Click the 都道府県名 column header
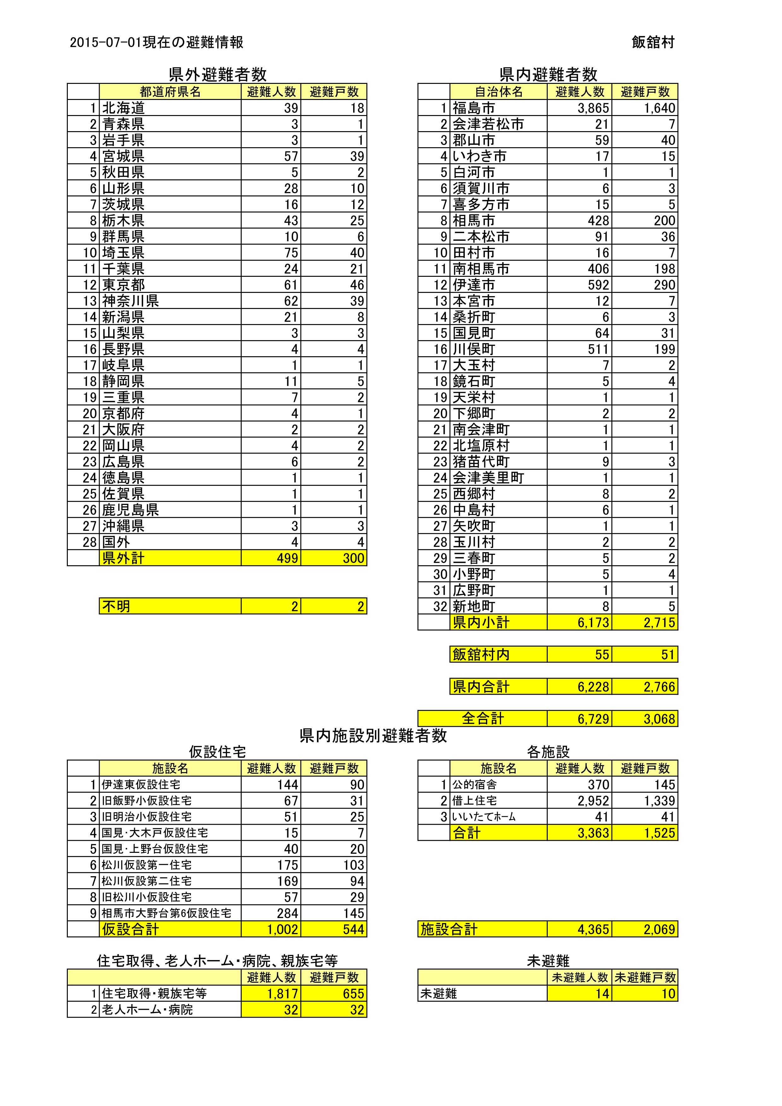pyautogui.click(x=170, y=91)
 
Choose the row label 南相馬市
pyautogui.click(x=481, y=269)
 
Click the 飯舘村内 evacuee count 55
pyautogui.click(x=602, y=654)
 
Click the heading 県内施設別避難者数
pyautogui.click(x=373, y=736)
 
